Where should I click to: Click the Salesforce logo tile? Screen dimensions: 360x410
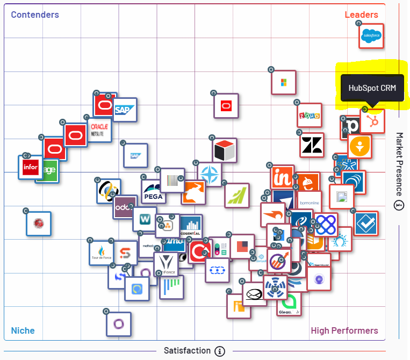(371, 37)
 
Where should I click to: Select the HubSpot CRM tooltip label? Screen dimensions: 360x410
(372, 89)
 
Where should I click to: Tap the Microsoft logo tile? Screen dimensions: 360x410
(283, 82)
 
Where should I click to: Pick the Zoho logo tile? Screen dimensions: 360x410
(309, 115)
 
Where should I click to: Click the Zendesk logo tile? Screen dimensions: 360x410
(312, 145)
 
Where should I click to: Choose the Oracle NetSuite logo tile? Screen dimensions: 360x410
(99, 129)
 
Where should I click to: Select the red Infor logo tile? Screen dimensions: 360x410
(31, 168)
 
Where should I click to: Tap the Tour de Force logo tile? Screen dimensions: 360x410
(102, 253)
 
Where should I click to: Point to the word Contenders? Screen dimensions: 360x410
(35, 15)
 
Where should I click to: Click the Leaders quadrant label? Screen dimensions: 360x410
(361, 15)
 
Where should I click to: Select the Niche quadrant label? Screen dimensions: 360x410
(23, 330)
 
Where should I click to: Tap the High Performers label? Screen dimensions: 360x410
(344, 330)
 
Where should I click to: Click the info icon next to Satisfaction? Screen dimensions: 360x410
(219, 351)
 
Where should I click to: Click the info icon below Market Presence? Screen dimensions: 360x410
(399, 205)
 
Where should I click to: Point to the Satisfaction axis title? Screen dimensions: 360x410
(187, 351)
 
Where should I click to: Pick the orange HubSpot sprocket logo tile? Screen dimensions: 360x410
(372, 121)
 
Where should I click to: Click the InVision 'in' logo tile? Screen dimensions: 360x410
(282, 177)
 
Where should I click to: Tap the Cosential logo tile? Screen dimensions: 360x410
(191, 227)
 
